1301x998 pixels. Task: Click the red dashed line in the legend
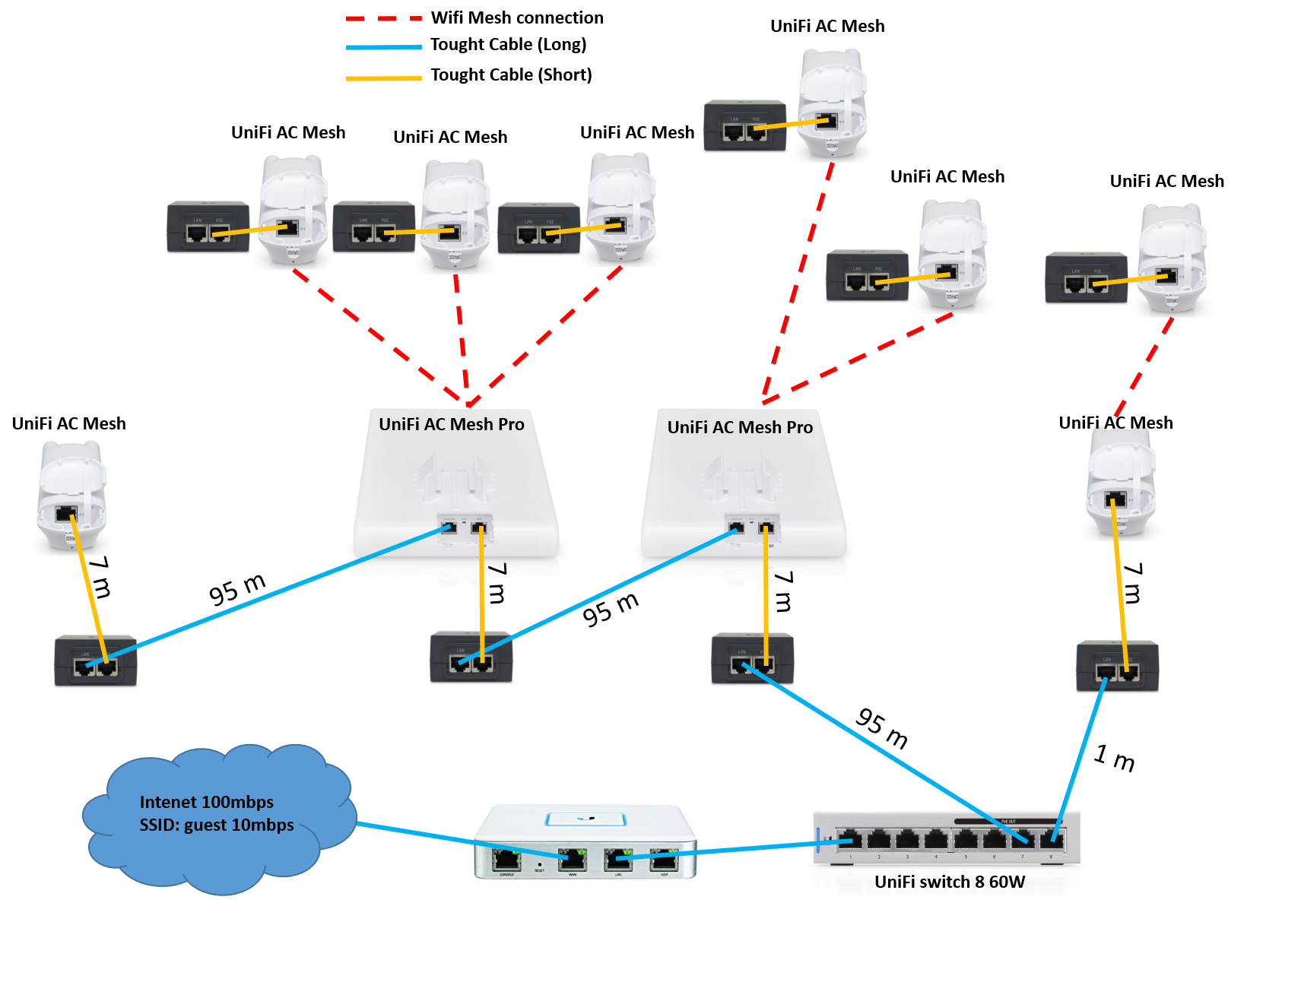pos(383,17)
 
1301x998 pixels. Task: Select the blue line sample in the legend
pos(383,47)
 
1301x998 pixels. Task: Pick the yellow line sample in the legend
pos(383,78)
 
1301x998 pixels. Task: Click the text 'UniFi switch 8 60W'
pos(949,882)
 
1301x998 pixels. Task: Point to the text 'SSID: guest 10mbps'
pos(217,825)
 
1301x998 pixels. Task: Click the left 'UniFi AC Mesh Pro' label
pos(452,424)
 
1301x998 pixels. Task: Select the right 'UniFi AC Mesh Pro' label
pos(740,427)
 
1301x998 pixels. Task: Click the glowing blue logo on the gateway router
pos(585,819)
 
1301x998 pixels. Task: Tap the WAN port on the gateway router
pos(572,860)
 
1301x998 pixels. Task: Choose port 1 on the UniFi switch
pos(850,840)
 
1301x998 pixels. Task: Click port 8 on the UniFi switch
pos(1052,840)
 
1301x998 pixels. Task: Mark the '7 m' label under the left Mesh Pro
pos(497,583)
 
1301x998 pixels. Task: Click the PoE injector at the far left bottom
pos(95,661)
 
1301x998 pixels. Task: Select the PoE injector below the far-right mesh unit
pos(1117,667)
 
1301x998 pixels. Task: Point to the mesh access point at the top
pos(832,103)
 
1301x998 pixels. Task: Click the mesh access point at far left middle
pos(71,495)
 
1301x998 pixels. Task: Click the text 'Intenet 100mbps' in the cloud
pos(207,802)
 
